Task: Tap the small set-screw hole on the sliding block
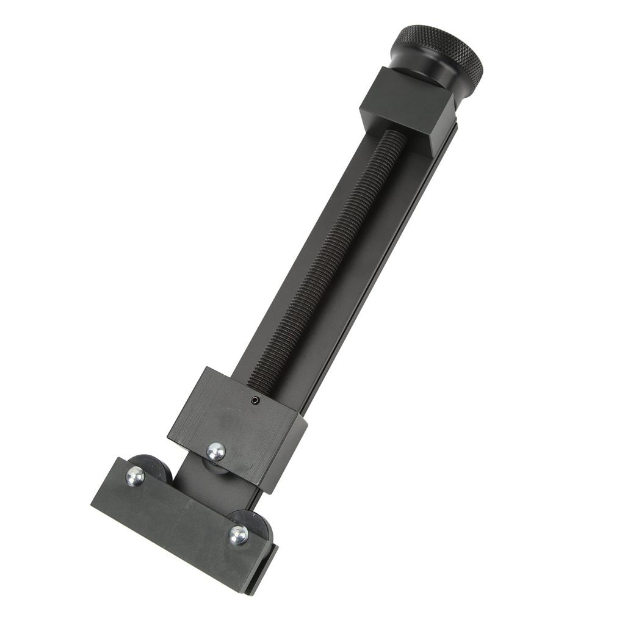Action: [x=256, y=400]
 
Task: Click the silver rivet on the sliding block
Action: [x=215, y=451]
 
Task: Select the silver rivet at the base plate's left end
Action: [x=135, y=475]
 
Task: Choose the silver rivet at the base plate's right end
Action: [x=238, y=534]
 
